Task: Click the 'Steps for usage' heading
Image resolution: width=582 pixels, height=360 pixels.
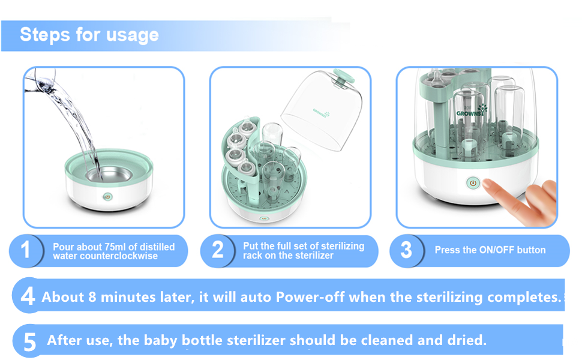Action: coord(89,35)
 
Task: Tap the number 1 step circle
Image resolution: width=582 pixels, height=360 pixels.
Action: coord(25,250)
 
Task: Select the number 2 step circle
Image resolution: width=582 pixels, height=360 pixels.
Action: coord(218,250)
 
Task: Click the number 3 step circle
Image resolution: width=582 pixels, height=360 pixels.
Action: coord(406,250)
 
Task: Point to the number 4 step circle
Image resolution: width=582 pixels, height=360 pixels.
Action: coord(28,296)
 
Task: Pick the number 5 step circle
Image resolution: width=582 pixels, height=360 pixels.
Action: coord(29,341)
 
